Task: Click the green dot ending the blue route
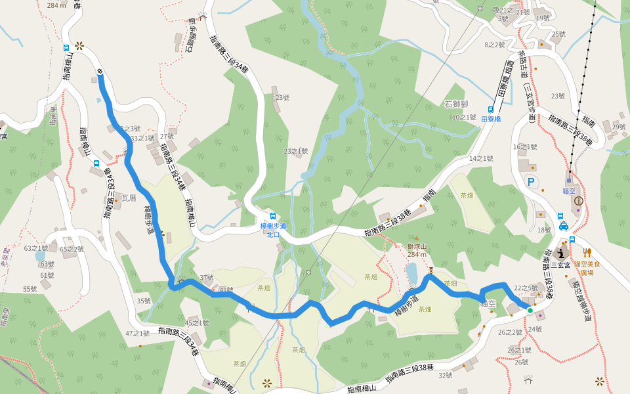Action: point(530,310)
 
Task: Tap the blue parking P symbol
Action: point(532,182)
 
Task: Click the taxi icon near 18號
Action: point(563,227)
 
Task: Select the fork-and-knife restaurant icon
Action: point(589,252)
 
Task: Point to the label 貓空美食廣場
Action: point(588,267)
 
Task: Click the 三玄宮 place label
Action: point(561,265)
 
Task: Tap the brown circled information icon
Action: point(578,200)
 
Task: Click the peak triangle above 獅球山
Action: point(415,239)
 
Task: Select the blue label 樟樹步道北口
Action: point(273,230)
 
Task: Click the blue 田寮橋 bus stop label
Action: point(491,119)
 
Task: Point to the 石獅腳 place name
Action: point(456,104)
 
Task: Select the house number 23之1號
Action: point(295,151)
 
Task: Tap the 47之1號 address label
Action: point(138,334)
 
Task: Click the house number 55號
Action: point(30,289)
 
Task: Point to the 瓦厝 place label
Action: point(129,197)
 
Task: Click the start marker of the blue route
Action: point(100,71)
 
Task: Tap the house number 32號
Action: point(446,376)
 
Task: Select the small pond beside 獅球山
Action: point(411,271)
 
